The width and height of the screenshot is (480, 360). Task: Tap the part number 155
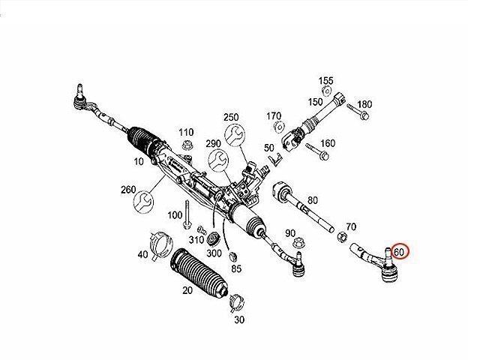[x=325, y=81]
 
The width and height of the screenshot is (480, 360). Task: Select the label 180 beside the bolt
[x=364, y=104]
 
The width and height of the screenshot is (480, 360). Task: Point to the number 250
[x=230, y=117]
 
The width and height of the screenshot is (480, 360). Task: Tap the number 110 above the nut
[x=186, y=132]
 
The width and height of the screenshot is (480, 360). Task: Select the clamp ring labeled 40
[x=159, y=242]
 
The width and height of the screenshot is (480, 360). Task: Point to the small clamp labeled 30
[x=237, y=302]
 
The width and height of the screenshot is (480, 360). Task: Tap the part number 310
[x=196, y=240]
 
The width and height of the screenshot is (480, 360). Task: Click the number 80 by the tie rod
[x=312, y=200]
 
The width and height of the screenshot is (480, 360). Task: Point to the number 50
[x=268, y=148]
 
